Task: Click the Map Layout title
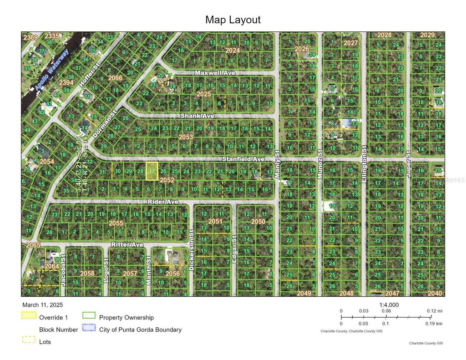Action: [x=233, y=20]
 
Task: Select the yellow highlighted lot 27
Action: [x=152, y=171]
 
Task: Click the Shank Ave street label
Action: [x=197, y=116]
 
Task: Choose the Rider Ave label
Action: [x=163, y=201]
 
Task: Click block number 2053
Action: [x=186, y=137]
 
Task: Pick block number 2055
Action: [x=116, y=223]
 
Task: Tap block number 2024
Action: [x=232, y=50]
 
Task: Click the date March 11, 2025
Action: [x=42, y=305]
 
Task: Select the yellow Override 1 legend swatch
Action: [x=29, y=316]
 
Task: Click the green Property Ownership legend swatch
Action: [x=89, y=316]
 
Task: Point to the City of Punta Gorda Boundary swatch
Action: [x=89, y=328]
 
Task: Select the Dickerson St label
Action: [x=192, y=249]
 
